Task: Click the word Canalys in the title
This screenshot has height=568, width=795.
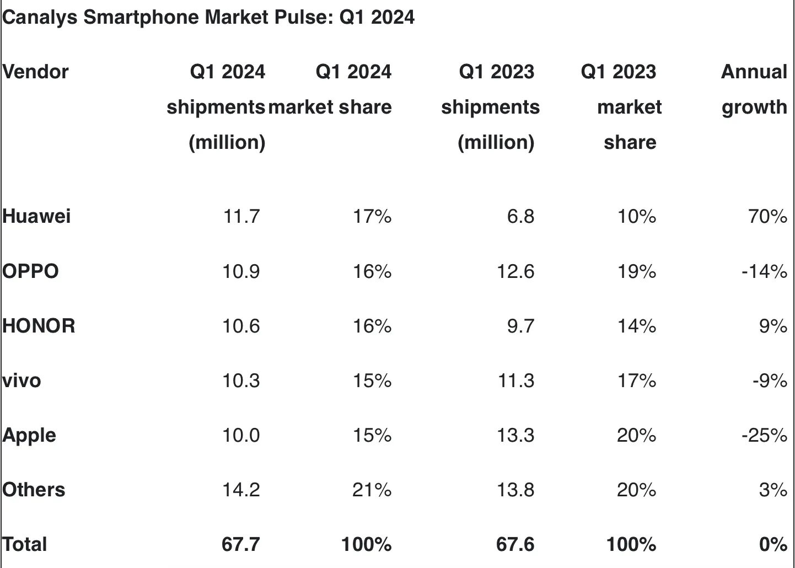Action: [x=40, y=18]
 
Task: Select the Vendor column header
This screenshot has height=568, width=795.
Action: [x=35, y=72]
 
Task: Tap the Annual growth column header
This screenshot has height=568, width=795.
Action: [x=754, y=89]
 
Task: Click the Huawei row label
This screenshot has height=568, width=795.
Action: [x=36, y=216]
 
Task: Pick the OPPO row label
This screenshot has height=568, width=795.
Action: [x=30, y=271]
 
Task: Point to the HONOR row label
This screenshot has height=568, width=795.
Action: [x=39, y=325]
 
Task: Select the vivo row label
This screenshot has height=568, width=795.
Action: [x=22, y=381]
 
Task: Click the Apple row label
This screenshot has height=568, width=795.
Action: [x=29, y=435]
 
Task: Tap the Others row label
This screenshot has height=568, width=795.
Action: [x=34, y=490]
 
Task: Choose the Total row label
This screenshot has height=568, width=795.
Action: [x=25, y=544]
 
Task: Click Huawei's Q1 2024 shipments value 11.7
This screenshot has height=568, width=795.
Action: [x=241, y=216]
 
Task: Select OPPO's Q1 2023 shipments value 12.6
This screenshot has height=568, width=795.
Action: [x=515, y=271]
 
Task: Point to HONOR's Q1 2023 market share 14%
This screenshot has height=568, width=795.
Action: [x=636, y=325]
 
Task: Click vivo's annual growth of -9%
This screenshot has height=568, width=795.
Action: [x=769, y=381]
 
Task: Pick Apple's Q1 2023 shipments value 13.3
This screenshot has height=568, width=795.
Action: [x=515, y=435]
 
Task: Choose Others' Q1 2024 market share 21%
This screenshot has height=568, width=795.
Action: [x=372, y=490]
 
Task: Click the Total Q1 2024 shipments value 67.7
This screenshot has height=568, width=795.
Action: [x=240, y=544]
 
